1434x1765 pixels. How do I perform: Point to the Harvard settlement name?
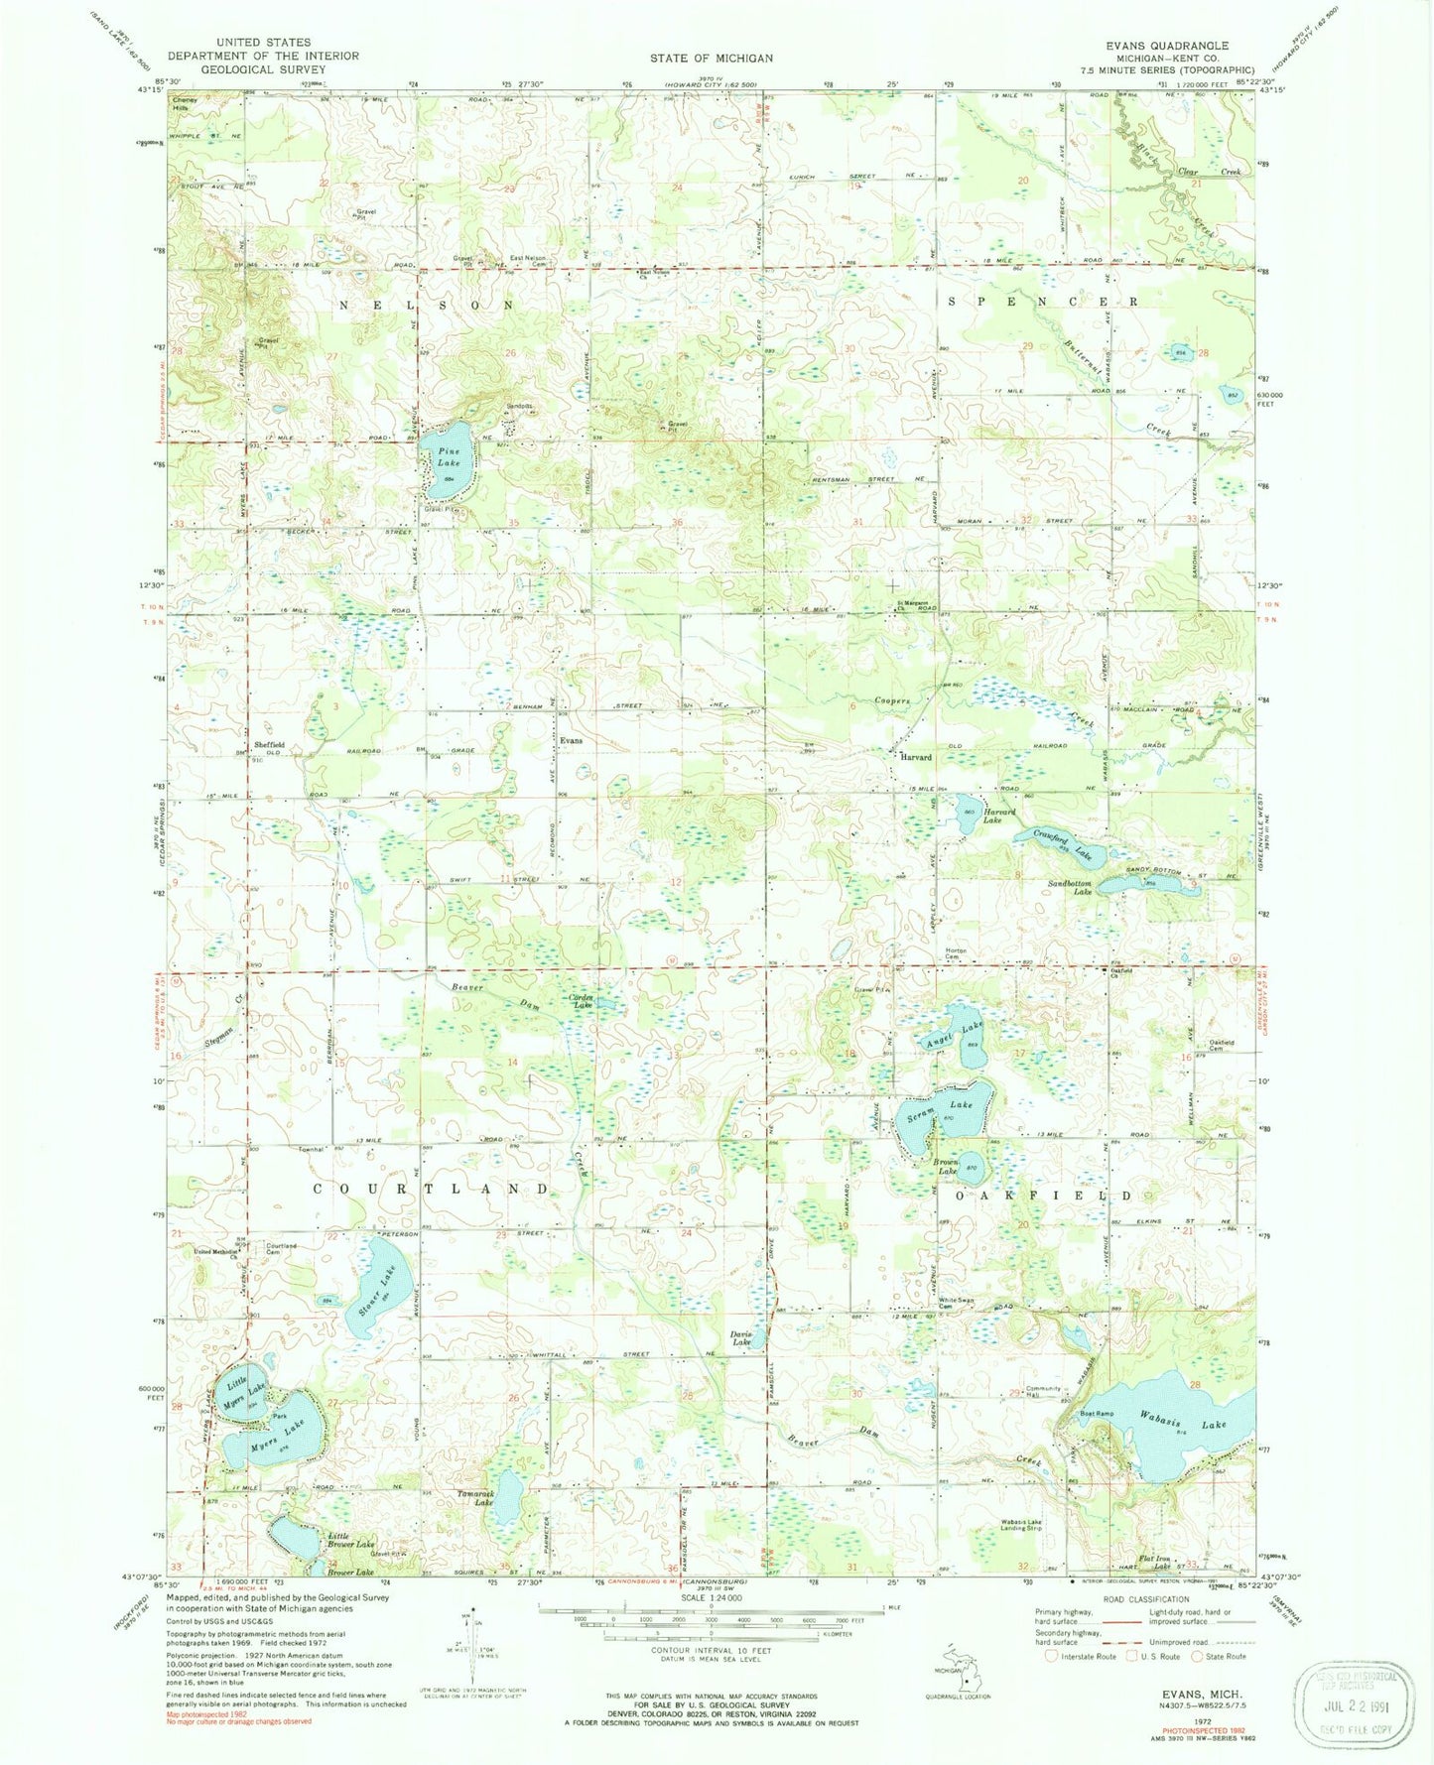(914, 756)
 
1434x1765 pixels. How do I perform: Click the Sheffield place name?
(269, 744)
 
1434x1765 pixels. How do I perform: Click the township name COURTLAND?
(431, 1189)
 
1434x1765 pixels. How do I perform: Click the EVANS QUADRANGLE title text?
(1170, 47)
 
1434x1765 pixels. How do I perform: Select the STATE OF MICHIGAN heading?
(711, 59)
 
